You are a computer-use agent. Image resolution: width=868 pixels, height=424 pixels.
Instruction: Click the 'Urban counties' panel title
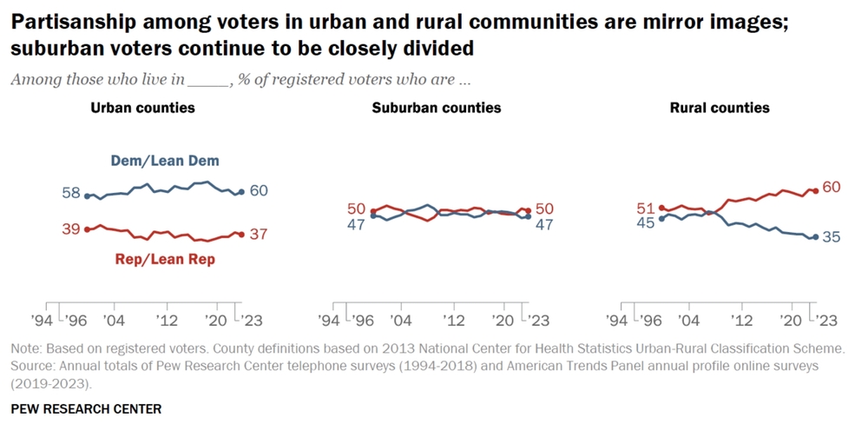tap(143, 108)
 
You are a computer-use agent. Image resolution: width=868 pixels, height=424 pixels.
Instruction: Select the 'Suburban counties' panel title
tap(437, 108)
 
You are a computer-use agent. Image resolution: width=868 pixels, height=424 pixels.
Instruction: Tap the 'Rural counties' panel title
tap(720, 108)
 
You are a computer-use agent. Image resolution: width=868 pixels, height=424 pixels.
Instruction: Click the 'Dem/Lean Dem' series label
tap(165, 161)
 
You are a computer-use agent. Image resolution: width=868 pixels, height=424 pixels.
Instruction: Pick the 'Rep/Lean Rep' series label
tap(165, 259)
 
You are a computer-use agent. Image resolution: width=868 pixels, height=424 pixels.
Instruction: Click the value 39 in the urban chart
tap(71, 229)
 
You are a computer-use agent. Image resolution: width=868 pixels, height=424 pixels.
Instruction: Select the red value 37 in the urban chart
tap(257, 234)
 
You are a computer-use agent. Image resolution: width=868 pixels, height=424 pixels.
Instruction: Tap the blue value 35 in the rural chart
tap(832, 236)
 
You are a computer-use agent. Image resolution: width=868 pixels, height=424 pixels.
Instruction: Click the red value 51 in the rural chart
tap(646, 208)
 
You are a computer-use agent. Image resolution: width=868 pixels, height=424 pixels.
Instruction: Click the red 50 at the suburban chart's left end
tap(356, 209)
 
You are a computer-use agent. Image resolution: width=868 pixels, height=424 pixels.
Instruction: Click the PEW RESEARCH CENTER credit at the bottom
tap(86, 407)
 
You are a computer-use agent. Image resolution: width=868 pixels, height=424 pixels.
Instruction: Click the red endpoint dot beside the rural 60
tap(814, 190)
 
